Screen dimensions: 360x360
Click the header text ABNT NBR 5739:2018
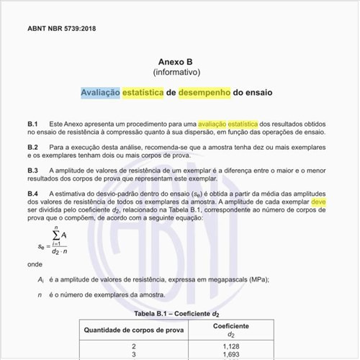(61, 29)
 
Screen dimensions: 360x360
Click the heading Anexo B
(180, 63)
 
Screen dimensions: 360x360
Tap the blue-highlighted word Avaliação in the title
(100, 93)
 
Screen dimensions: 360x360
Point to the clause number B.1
(33, 125)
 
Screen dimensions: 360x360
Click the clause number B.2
(33, 147)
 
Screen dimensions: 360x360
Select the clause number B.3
(33, 170)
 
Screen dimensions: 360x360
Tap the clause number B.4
(33, 194)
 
